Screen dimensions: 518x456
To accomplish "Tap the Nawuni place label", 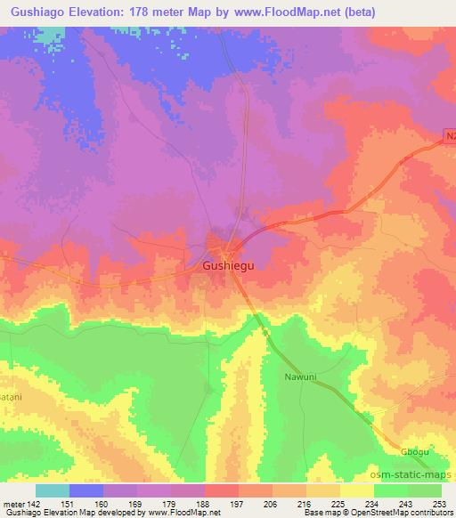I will pyautogui.click(x=301, y=376).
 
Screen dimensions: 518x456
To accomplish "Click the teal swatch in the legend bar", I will pyautogui.click(x=53, y=490).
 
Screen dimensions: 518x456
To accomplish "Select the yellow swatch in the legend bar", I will pyautogui.click(x=357, y=490).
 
